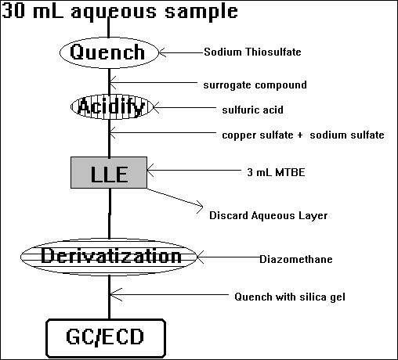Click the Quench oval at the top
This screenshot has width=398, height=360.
pyautogui.click(x=109, y=52)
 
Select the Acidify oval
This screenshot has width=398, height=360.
pyautogui.click(x=112, y=107)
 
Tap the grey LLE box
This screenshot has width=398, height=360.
pyautogui.click(x=109, y=172)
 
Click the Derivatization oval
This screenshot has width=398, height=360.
pyautogui.click(x=109, y=257)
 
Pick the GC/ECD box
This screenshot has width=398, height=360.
pyautogui.click(x=106, y=338)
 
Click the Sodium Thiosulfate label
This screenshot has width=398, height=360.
pyautogui.click(x=252, y=52)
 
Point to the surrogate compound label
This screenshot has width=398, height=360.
pyautogui.click(x=255, y=85)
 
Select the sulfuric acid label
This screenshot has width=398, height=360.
pyautogui.click(x=252, y=110)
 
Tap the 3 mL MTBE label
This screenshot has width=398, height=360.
pyautogui.click(x=276, y=172)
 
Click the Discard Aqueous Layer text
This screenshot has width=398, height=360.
pyautogui.click(x=268, y=216)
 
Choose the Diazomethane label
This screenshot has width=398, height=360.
pyautogui.click(x=296, y=259)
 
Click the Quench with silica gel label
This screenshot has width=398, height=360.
pyautogui.click(x=290, y=297)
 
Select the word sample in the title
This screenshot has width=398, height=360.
pyautogui.click(x=201, y=13)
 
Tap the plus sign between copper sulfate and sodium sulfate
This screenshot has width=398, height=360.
pyautogui.click(x=299, y=135)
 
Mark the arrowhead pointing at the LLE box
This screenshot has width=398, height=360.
pyautogui.click(x=150, y=171)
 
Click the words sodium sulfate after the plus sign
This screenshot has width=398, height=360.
pyautogui.click(x=347, y=135)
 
